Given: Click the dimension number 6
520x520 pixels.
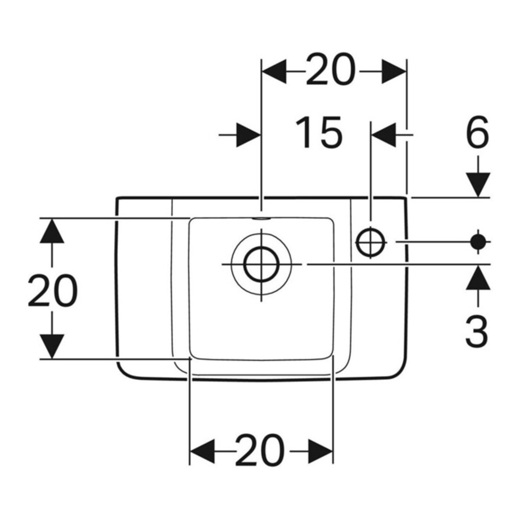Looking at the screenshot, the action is (477, 132).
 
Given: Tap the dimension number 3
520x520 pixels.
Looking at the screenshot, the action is (477, 330).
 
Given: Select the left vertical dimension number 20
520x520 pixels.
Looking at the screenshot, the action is (52, 290).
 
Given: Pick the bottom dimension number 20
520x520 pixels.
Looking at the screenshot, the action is (260, 450).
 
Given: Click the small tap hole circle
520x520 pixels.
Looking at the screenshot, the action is (371, 242).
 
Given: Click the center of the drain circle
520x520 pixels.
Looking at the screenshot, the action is (262, 264).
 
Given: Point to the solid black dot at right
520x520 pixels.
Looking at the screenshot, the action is (478, 242).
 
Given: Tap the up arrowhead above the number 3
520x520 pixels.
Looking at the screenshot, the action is (478, 277).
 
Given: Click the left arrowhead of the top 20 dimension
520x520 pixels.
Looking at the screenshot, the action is (274, 71).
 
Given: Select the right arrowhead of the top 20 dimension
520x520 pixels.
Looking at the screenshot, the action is (394, 71).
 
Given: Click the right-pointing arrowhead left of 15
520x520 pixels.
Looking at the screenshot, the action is (248, 135).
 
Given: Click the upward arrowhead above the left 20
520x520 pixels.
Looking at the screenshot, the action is (52, 231).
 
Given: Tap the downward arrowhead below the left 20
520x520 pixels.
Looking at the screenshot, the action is (52, 347).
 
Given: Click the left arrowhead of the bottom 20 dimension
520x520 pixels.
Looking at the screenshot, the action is (202, 451).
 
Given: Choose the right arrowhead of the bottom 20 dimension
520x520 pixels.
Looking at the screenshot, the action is (321, 451).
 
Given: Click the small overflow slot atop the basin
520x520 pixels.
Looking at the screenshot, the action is (262, 219).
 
